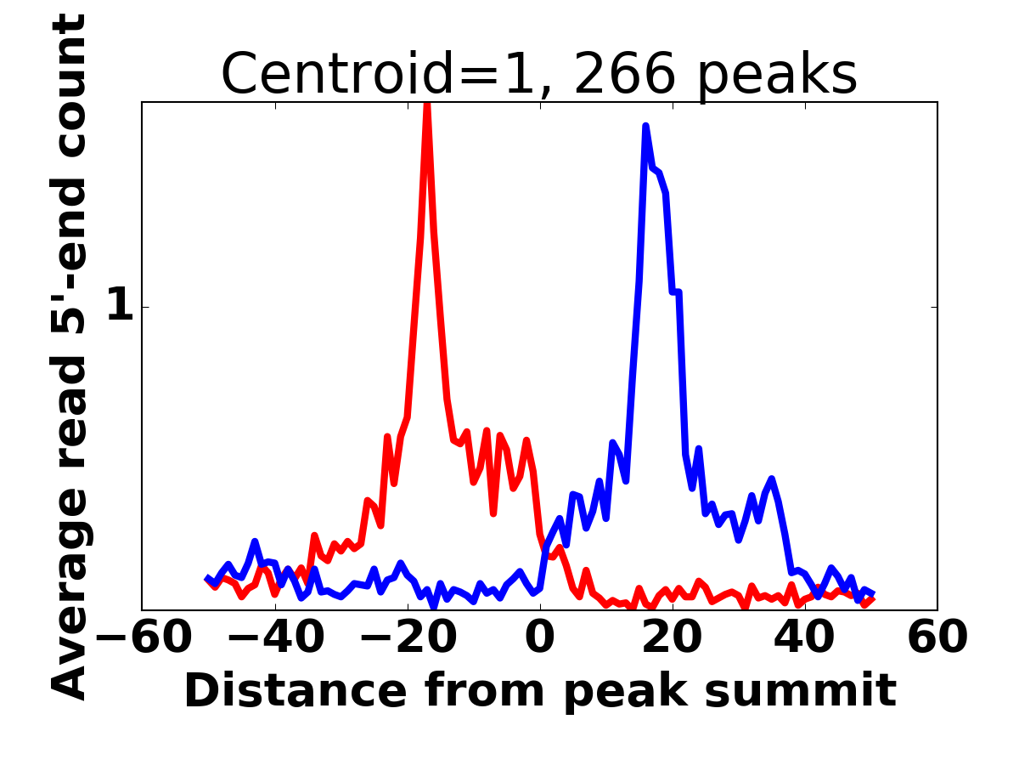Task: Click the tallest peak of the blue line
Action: pyautogui.click(x=645, y=127)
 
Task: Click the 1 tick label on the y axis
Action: pyautogui.click(x=121, y=303)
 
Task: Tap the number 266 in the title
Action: pyautogui.click(x=625, y=73)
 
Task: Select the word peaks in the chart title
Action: pyautogui.click(x=777, y=76)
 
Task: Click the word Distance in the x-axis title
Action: pyautogui.click(x=296, y=692)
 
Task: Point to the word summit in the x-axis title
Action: pyautogui.click(x=801, y=692)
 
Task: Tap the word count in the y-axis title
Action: pyautogui.click(x=69, y=83)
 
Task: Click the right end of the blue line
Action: pyautogui.click(x=874, y=594)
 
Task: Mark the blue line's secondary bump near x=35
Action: pyautogui.click(x=772, y=479)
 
